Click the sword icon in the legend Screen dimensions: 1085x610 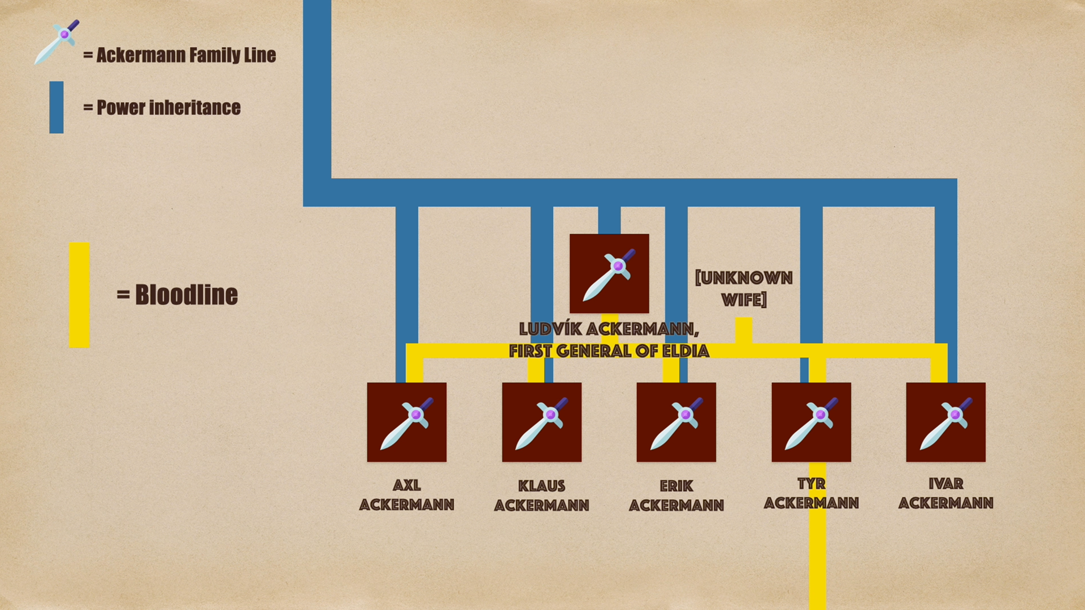57,42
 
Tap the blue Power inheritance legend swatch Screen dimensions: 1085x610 57,107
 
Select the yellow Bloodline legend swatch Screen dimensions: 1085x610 79,295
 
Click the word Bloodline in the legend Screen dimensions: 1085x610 186,295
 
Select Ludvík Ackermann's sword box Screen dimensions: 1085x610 609,273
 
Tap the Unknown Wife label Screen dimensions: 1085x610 744,289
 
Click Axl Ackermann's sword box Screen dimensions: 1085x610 407,422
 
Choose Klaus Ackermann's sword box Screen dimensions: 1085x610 541,422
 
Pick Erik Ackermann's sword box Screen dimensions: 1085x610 676,422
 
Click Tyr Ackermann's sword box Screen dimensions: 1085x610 811,422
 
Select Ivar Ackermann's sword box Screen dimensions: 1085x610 945,422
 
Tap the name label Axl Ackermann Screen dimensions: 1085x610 407,495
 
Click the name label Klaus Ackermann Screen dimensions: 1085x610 541,495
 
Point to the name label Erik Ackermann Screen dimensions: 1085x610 676,495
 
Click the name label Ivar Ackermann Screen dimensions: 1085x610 945,494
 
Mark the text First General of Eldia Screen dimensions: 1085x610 609,351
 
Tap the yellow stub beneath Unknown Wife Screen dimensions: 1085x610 743,329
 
